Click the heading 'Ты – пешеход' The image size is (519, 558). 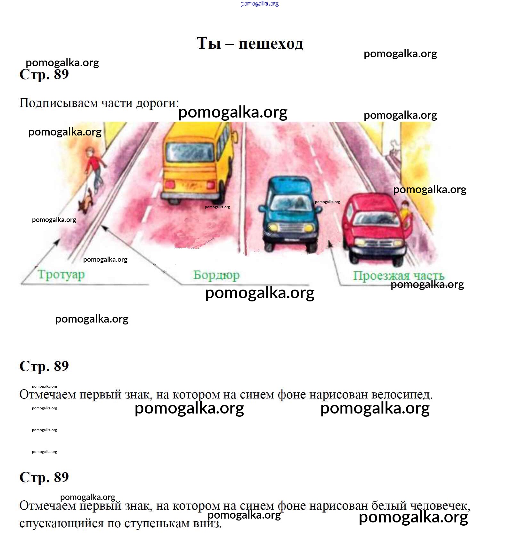tap(250, 43)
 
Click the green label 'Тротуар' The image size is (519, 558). tap(61, 275)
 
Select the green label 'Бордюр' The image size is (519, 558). tap(216, 275)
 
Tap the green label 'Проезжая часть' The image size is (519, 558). tap(399, 275)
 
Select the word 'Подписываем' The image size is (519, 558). tap(59, 103)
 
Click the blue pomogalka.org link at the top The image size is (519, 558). tap(260, 4)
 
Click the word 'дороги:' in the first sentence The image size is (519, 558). tap(157, 103)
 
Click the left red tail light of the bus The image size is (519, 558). tap(170, 185)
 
